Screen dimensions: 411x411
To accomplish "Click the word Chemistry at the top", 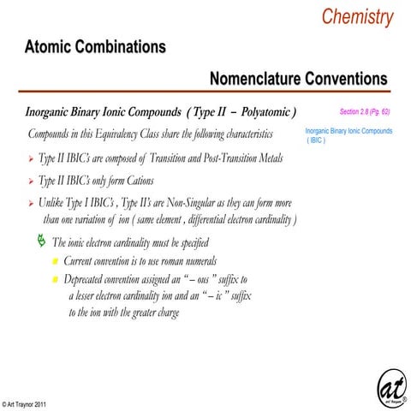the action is coord(357,16).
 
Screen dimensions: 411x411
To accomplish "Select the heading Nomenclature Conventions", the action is coord(297,80).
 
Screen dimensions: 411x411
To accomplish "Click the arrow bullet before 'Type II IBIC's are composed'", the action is coord(31,159).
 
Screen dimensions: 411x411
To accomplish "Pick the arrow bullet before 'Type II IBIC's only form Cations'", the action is coord(31,182).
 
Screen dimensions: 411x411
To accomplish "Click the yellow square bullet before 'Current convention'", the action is coord(55,261).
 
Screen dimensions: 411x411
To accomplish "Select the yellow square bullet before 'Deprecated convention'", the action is coord(55,280).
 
